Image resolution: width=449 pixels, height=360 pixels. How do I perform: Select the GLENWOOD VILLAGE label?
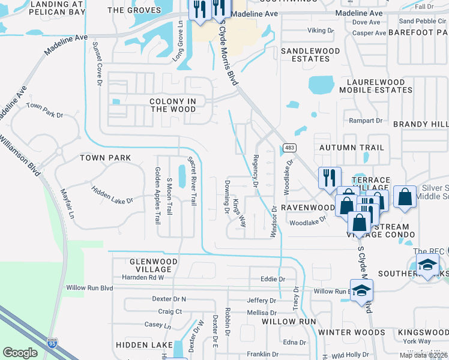[x=154, y=265]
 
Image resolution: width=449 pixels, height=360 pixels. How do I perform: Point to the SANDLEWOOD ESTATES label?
[x=306, y=55]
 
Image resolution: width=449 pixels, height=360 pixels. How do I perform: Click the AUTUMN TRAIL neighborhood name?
[x=351, y=147]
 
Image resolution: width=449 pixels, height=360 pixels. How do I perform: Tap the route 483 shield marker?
[x=289, y=147]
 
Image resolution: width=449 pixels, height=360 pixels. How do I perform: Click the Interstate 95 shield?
[x=52, y=343]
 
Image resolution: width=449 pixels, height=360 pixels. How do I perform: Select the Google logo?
[x=20, y=352]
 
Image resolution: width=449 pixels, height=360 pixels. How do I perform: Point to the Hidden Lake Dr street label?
[x=112, y=194]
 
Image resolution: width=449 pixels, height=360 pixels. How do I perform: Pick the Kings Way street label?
[x=240, y=212]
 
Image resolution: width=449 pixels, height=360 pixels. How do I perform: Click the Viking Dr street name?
[x=319, y=29]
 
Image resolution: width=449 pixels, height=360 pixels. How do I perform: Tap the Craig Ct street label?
[x=170, y=311]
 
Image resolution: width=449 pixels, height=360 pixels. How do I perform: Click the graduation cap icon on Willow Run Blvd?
[x=362, y=290]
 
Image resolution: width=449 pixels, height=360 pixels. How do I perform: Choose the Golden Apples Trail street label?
[x=158, y=196]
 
